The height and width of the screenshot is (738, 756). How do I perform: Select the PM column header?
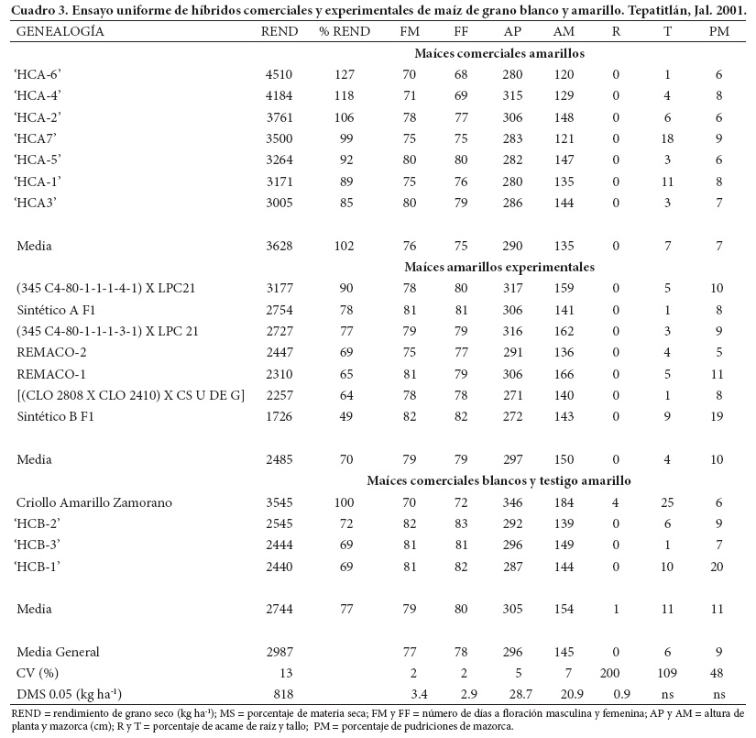tap(719, 31)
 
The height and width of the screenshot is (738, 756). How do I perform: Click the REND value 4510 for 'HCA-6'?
tap(279, 75)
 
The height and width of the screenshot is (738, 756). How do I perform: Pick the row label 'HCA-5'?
tap(38, 160)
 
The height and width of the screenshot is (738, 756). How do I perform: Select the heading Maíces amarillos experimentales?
tap(499, 267)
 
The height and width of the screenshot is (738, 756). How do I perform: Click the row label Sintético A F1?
tap(55, 310)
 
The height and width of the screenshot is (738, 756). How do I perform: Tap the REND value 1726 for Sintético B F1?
tap(279, 416)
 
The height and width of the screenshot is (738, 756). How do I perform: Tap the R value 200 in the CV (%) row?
tap(616, 673)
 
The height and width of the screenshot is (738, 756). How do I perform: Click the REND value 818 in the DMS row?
tap(279, 694)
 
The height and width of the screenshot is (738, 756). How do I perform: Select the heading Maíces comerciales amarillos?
tap(499, 53)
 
